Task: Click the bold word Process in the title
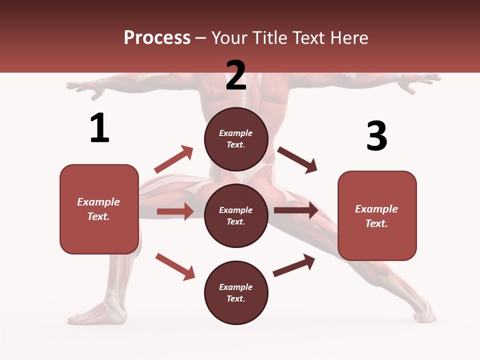click(157, 38)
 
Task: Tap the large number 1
click(99, 128)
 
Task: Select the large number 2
click(236, 75)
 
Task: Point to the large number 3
click(376, 136)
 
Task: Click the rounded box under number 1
click(99, 209)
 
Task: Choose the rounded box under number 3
click(377, 215)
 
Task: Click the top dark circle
click(236, 139)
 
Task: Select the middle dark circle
click(236, 216)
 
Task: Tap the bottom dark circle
click(236, 292)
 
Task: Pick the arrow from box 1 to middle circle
click(175, 211)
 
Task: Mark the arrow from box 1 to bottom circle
click(175, 266)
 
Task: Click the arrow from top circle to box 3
click(297, 160)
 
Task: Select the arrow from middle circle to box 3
click(296, 210)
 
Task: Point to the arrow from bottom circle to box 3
click(294, 265)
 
